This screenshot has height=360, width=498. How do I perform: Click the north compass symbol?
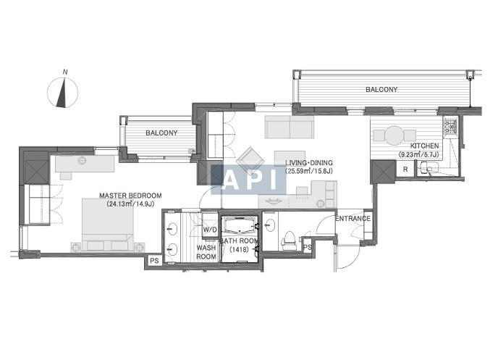point(62,92)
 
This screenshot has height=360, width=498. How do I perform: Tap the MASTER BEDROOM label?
point(130,196)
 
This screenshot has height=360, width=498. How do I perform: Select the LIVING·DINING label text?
point(308,163)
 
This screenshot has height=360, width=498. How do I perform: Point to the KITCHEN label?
point(424,146)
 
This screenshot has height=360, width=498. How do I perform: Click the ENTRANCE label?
point(353,219)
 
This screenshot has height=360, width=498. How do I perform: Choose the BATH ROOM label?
point(239,241)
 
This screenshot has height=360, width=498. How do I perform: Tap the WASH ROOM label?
point(206,252)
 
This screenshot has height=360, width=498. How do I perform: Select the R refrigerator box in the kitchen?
point(405,169)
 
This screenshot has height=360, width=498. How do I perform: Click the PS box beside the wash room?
point(154,261)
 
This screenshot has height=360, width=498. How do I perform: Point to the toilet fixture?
point(288,240)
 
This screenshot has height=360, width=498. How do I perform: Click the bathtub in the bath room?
point(240,225)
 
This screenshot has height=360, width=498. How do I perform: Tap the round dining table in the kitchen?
point(394,135)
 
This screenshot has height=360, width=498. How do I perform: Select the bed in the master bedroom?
point(107,225)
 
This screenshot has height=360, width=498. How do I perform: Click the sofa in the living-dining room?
point(290,127)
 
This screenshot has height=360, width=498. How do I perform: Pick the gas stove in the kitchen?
point(450,126)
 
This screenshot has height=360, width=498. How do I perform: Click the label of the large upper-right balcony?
point(381,90)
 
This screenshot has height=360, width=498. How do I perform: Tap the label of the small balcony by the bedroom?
point(161,133)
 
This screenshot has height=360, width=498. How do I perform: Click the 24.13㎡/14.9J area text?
point(130,204)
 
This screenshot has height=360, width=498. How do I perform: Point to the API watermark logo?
point(248,180)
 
